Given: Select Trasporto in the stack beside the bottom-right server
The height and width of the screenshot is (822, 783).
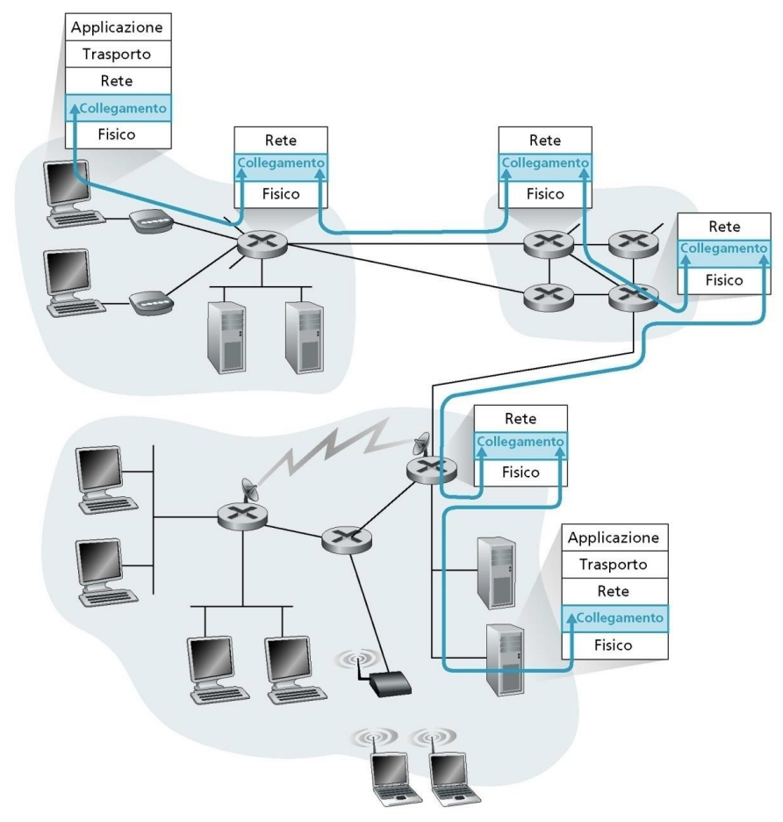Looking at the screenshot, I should coord(614,564).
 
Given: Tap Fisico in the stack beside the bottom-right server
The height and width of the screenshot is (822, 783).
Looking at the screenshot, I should coord(614,644).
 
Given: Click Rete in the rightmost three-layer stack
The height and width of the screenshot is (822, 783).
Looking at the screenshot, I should coord(722,226).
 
